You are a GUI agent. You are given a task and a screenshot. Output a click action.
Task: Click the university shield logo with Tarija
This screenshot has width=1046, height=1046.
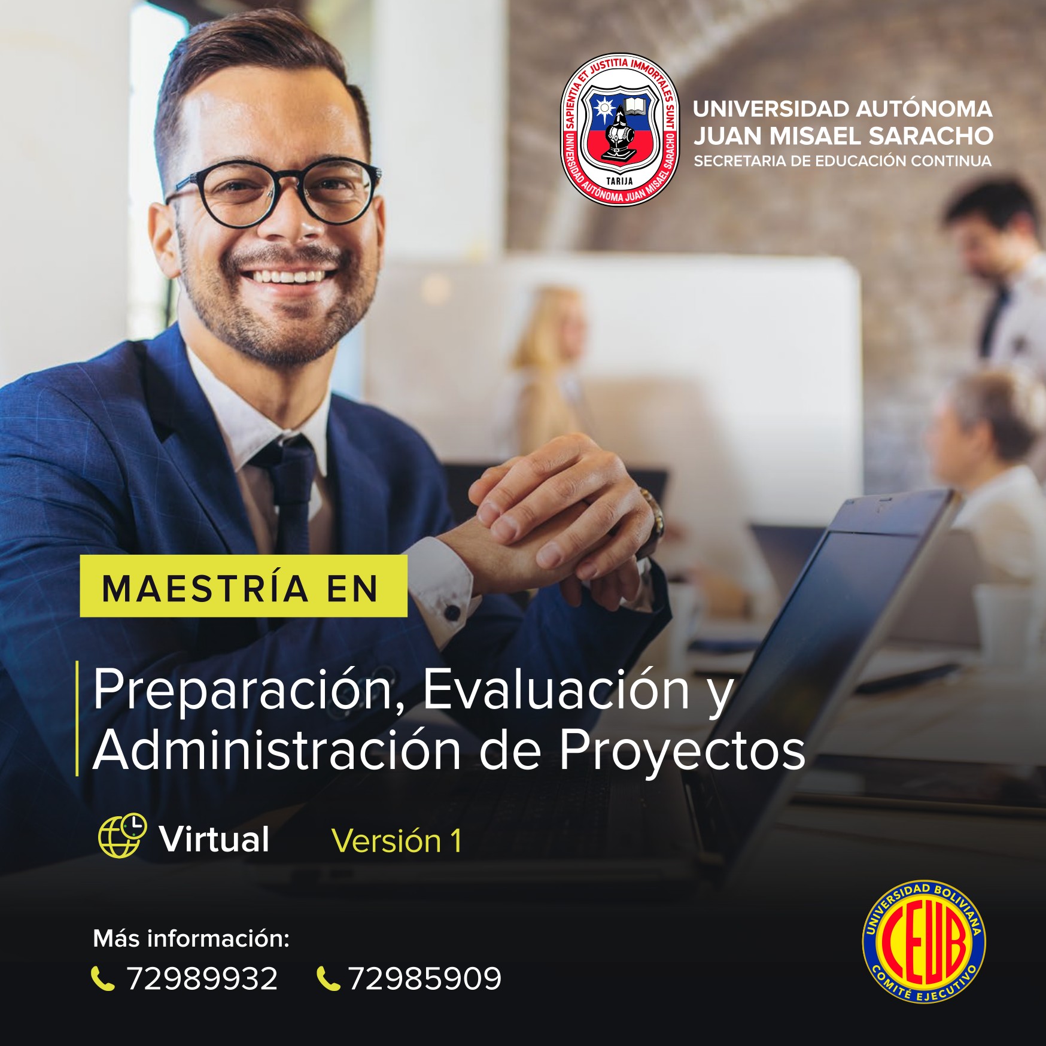620,129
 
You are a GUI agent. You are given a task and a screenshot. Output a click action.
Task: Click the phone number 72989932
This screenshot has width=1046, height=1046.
202,979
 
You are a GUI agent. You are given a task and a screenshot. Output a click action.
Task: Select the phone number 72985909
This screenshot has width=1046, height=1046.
425,979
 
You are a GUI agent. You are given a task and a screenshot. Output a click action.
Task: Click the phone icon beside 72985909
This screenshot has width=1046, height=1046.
328,979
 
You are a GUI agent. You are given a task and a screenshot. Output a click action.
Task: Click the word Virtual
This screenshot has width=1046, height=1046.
214,839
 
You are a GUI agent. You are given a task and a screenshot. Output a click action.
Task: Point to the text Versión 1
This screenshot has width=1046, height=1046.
396,841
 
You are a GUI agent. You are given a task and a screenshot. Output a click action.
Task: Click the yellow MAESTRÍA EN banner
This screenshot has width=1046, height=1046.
244,586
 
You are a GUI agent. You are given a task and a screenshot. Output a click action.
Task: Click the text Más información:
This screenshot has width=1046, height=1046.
191,938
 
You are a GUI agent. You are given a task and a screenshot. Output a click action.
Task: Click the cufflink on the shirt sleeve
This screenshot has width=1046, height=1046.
453,612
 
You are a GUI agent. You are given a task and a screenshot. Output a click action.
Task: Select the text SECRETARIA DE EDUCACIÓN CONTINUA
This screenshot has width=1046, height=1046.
843,161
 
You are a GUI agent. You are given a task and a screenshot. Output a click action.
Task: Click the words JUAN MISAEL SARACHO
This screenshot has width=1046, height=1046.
843,136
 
